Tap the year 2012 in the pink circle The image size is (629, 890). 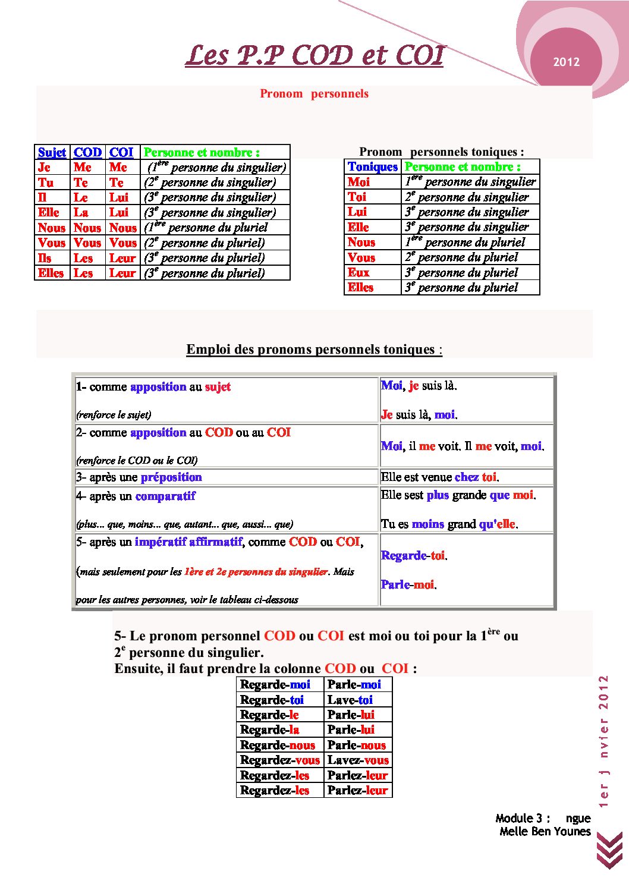[566, 62]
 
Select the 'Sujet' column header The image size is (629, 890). [52, 152]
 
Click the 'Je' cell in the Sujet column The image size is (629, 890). [45, 168]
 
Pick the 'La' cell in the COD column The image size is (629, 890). [81, 212]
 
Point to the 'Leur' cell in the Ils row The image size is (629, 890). [122, 258]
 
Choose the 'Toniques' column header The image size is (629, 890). [373, 166]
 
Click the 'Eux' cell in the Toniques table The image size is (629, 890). [359, 272]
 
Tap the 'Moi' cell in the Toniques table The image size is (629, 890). [359, 182]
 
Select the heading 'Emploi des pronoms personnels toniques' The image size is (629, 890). [314, 349]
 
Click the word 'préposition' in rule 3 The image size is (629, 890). [171, 477]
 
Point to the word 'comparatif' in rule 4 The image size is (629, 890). [165, 496]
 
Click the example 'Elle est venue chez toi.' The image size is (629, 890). [440, 477]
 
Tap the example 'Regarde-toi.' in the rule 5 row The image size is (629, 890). [414, 555]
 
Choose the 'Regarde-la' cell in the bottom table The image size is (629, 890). [269, 729]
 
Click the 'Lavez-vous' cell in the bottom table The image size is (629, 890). [358, 760]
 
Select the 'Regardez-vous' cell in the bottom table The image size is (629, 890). [280, 760]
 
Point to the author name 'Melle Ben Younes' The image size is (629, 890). [545, 831]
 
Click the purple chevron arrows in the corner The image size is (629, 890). [609, 851]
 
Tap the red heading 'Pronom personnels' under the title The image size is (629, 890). [314, 93]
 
